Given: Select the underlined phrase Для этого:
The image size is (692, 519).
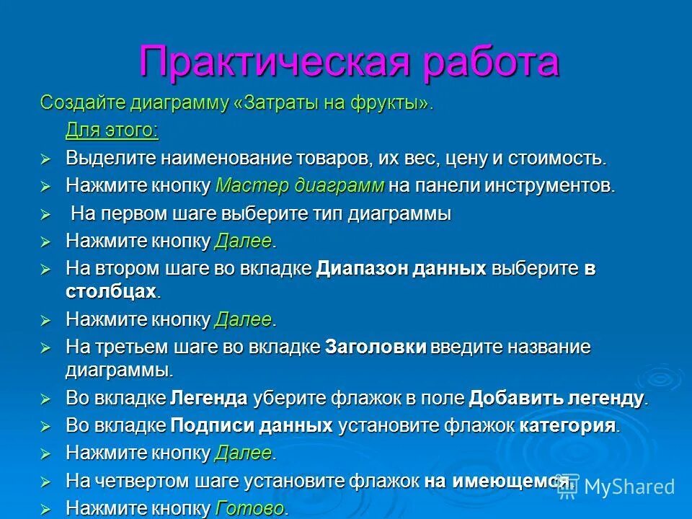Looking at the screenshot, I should (x=112, y=130).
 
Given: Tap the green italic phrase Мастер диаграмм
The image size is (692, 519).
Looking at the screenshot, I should (x=299, y=185).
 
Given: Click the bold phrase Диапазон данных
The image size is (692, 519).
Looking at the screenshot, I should (x=401, y=269).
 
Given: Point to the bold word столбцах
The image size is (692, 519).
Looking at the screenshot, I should (x=110, y=290).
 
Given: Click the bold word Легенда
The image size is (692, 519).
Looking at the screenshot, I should (x=209, y=398).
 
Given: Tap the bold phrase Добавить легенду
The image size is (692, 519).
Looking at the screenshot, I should (x=556, y=398).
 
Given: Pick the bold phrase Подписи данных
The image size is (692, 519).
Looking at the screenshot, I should (x=252, y=425).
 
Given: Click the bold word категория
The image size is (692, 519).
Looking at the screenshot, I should (x=567, y=425).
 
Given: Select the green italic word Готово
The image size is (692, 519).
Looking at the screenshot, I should (x=249, y=508).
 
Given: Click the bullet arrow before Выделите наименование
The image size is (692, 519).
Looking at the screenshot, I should (x=45, y=159).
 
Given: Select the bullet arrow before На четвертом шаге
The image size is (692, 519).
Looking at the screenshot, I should (x=45, y=481).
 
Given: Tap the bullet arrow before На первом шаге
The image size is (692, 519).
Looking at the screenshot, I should (x=45, y=214).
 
